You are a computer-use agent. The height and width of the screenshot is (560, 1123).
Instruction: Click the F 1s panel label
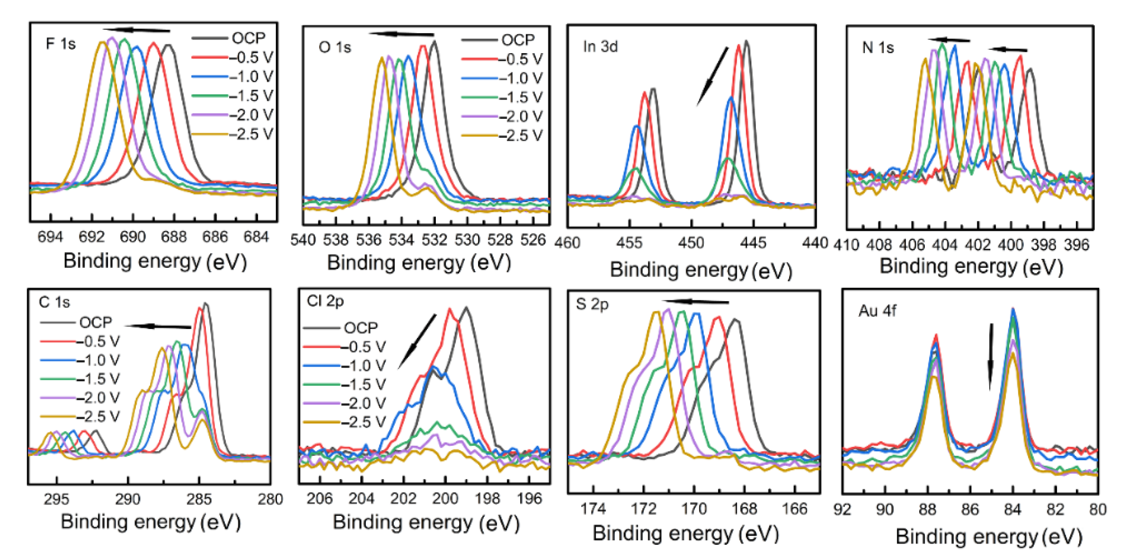61,44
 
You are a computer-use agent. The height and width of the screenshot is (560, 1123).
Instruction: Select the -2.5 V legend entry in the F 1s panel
233,134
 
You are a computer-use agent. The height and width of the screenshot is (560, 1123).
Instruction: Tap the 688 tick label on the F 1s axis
174,237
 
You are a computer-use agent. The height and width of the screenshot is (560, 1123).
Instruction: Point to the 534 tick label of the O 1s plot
401,240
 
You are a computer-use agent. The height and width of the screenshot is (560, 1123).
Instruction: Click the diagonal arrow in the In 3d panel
712,76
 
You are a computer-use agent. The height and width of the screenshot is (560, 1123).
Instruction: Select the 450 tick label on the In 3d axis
691,242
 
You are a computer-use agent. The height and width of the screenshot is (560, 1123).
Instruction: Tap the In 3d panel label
600,47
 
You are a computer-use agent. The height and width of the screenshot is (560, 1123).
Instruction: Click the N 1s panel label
877,47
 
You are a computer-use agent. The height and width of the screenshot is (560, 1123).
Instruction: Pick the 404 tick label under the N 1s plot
945,245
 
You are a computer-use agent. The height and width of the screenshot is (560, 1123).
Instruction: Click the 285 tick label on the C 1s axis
199,499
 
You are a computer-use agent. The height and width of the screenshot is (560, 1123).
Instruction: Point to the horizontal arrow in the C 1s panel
158,326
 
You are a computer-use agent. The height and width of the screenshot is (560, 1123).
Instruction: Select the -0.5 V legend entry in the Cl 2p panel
345,347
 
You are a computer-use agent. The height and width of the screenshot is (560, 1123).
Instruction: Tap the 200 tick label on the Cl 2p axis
445,499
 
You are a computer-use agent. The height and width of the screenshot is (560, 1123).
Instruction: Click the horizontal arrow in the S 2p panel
695,302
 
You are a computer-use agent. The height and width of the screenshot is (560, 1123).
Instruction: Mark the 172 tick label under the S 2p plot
643,508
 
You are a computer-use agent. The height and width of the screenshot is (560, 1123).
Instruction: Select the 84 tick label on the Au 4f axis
1012,509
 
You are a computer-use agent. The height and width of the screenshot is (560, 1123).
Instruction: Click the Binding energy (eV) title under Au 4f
989,537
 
